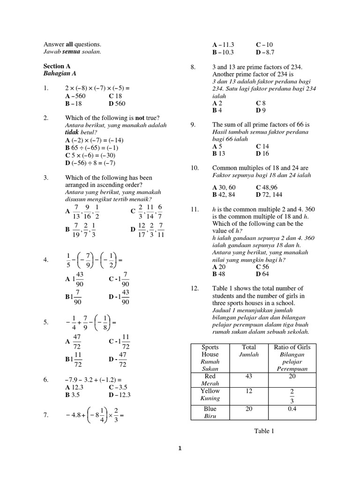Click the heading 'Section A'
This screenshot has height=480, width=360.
point(57,67)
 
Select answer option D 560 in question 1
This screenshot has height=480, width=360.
point(117,104)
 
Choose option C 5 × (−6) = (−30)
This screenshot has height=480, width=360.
point(90,155)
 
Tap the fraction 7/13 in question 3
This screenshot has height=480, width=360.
point(76,211)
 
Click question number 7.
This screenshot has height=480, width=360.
point(46,415)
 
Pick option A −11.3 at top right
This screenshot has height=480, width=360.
point(223,45)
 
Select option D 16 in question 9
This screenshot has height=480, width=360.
point(262,153)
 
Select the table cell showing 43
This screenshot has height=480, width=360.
point(249,376)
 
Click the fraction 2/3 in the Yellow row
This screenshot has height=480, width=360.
point(292,396)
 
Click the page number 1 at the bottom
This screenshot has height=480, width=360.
point(180,448)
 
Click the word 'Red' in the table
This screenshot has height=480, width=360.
point(210,376)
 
